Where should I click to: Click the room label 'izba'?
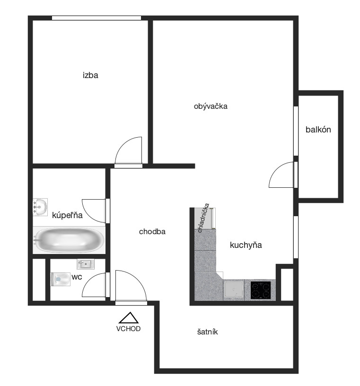coord(90,75)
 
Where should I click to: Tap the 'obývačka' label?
coord(211,106)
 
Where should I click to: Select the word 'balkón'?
coord(318,130)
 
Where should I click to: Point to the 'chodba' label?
coord(152,231)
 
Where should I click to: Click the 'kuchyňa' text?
coord(246,245)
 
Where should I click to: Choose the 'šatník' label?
coord(207,332)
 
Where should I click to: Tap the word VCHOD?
coord(128,329)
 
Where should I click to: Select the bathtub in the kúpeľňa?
coord(69,240)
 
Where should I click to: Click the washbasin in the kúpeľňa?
coord(40,207)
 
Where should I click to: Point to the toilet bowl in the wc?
coord(61,279)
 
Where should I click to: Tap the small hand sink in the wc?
coord(86,264)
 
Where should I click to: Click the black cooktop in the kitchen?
coord(261,290)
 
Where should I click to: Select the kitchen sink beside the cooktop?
coord(234,290)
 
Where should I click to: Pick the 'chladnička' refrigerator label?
coord(203,218)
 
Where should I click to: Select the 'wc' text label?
coord(77,277)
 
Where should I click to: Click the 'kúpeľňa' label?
coord(67,215)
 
